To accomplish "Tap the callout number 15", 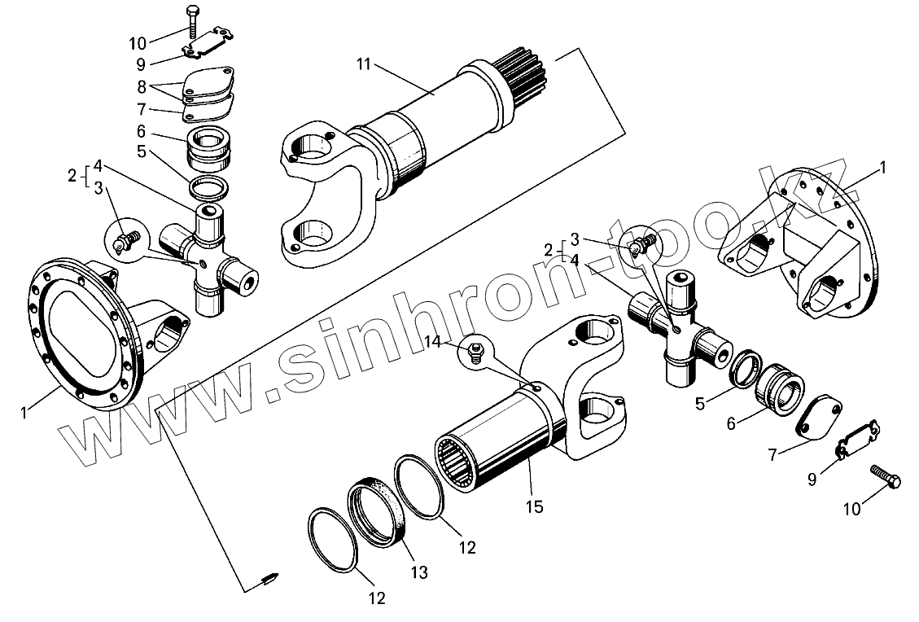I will [x=535, y=506].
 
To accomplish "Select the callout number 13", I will [x=418, y=572].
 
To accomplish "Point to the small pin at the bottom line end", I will [x=269, y=580].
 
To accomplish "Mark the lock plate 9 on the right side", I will [x=856, y=440].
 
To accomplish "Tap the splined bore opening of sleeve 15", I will [x=458, y=464].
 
